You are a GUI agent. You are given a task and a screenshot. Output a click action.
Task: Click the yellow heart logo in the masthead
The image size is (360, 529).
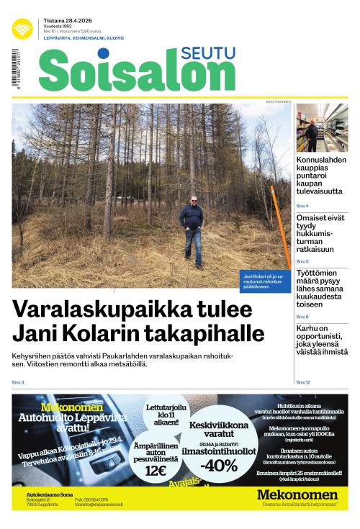coord(22,29)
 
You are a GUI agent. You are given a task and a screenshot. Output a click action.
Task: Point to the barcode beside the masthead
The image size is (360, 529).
coord(15,69)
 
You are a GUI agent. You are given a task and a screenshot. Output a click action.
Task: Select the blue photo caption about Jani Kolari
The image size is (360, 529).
coord(264,281)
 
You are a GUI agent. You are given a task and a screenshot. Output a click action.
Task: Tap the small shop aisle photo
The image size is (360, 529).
coord(321,128)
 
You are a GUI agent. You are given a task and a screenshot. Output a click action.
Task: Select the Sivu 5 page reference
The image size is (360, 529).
coord(302,261)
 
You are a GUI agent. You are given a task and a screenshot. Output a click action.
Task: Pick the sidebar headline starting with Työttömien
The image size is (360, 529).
coord(321,289)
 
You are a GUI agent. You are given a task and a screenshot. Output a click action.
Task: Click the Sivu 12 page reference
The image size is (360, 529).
coord(303,381)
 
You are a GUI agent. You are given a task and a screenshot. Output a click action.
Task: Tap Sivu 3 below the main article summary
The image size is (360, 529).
coord(18,381)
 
